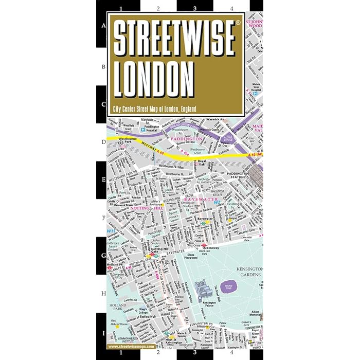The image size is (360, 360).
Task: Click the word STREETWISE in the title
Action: (175, 39)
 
